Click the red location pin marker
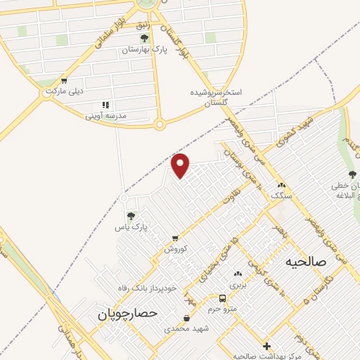[x=181, y=165]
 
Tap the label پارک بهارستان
[x=145, y=50]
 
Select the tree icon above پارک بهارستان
[x=145, y=38]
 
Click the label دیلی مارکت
[x=64, y=91]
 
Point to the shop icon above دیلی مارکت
[x=64, y=80]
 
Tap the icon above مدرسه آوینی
[x=106, y=105]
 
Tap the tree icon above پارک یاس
[x=130, y=215]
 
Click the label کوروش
[x=174, y=249]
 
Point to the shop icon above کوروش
[x=174, y=238]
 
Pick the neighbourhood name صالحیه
[x=307, y=262]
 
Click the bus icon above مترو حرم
[x=221, y=297]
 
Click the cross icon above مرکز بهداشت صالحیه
[x=266, y=346]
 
